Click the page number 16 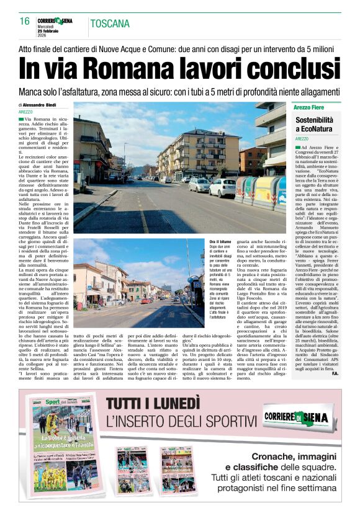(25, 22)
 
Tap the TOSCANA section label (110, 24)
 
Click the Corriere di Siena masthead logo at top (55, 20)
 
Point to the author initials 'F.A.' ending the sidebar (334, 373)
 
